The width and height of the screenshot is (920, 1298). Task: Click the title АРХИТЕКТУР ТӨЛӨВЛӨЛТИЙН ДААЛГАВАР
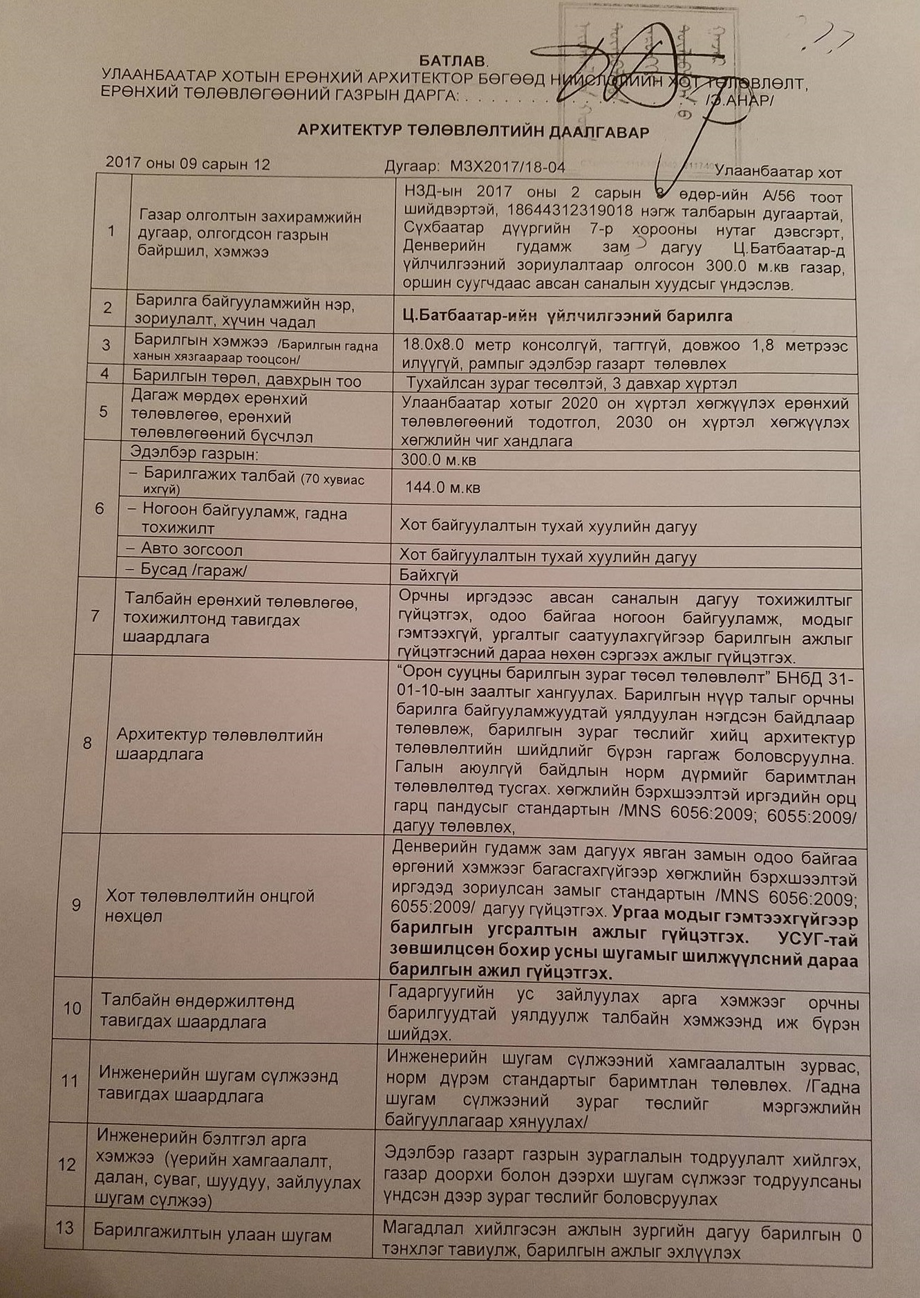coord(473,131)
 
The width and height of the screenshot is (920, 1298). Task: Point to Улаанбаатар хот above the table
coord(778,171)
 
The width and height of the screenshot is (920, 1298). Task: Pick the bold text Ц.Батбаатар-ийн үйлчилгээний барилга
coord(567,316)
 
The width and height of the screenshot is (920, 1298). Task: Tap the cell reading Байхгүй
coord(429,575)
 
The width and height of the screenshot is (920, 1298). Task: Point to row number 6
coord(100,509)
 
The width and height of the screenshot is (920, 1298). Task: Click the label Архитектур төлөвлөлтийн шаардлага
coord(219,744)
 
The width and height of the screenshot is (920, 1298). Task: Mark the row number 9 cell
coord(76,905)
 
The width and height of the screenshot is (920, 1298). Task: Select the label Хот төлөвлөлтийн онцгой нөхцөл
coord(209,906)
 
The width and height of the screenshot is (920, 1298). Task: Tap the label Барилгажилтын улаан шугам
coord(212,1234)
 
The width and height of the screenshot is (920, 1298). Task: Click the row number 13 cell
coord(64,1228)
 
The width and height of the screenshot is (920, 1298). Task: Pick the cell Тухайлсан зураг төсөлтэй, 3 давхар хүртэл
coord(571,383)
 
